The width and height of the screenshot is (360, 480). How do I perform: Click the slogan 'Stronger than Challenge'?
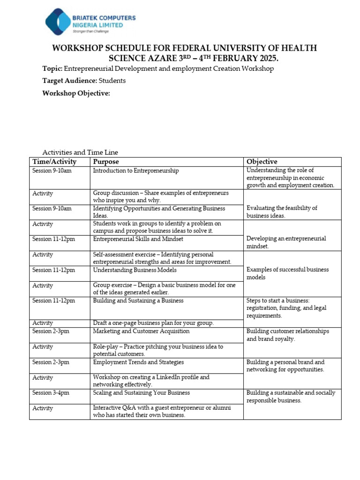(90, 31)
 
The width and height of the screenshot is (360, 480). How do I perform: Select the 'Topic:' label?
(52, 68)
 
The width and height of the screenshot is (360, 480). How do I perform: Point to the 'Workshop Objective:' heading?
(76, 93)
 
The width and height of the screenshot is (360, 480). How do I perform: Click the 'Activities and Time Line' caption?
(80, 152)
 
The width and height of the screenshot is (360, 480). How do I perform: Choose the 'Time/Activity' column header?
(54, 162)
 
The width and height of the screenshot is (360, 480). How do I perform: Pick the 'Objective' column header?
(262, 162)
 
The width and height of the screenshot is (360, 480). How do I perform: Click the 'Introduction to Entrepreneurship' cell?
(136, 171)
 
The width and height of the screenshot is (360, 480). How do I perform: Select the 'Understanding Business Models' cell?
(135, 270)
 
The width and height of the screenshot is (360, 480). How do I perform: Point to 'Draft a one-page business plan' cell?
(153, 323)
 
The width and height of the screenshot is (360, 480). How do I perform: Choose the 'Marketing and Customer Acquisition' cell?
(141, 331)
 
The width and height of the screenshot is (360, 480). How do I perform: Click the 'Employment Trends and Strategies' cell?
(138, 362)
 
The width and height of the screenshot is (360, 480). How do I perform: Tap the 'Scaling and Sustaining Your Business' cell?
(141, 393)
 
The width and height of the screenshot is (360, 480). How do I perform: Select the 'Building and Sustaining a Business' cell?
(138, 300)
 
